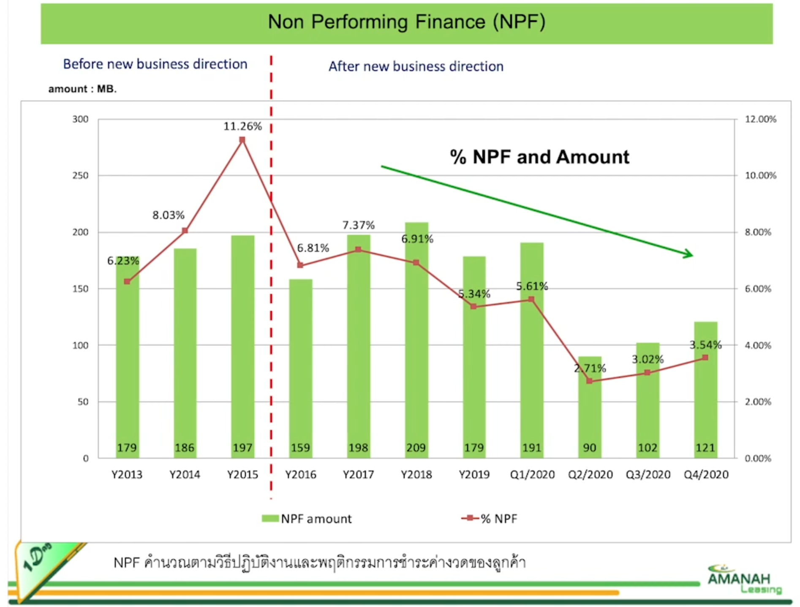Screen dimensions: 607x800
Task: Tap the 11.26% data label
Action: point(242,126)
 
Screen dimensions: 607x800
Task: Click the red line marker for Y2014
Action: point(185,231)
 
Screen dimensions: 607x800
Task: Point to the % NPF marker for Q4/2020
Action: point(705,358)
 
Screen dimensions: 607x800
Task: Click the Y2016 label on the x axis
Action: point(300,475)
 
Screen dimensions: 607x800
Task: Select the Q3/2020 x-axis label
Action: point(648,475)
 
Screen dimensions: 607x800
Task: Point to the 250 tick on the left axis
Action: point(80,175)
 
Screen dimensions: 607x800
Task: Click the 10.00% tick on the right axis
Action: point(760,175)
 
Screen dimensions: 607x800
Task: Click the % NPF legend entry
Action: point(490,519)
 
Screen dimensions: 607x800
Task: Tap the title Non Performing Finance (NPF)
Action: point(406,22)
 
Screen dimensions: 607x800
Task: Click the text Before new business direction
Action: point(155,64)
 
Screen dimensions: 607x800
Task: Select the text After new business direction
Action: point(416,66)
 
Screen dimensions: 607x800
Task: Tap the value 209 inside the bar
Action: point(416,448)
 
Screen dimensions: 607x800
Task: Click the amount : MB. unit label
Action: point(82,89)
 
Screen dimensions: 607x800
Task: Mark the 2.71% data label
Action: point(590,368)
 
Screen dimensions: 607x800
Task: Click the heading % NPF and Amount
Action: point(539,157)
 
